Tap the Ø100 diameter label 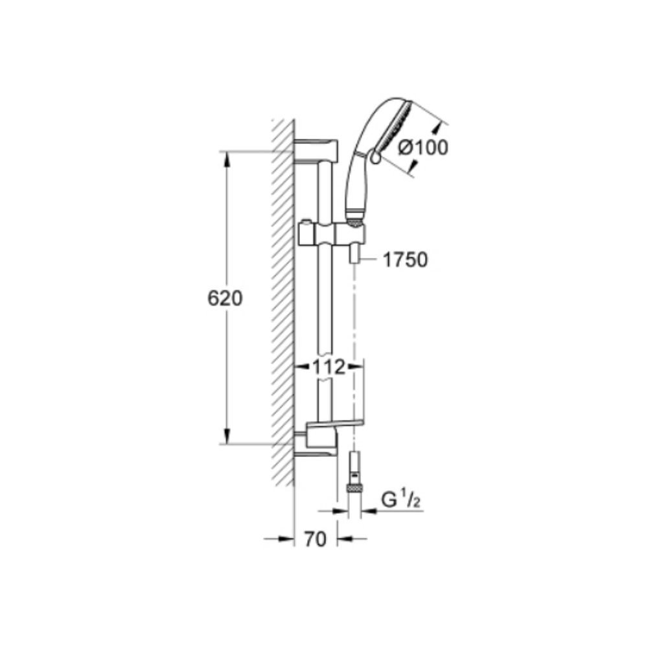pyautogui.click(x=422, y=148)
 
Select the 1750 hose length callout pyautogui.click(x=405, y=260)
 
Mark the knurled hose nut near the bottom pyautogui.click(x=354, y=485)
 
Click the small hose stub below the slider pyautogui.click(x=354, y=256)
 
